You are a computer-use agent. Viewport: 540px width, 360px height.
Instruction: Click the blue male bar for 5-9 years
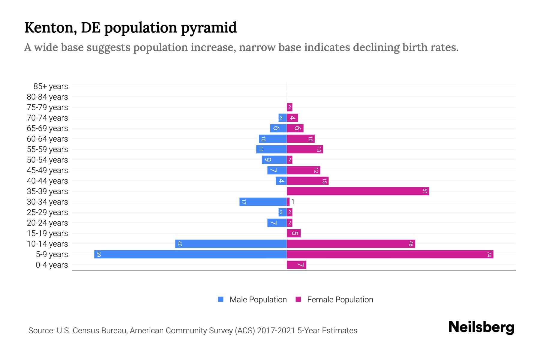click(190, 254)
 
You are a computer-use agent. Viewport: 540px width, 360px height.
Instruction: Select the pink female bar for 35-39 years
click(358, 191)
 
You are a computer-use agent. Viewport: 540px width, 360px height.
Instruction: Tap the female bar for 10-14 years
click(351, 244)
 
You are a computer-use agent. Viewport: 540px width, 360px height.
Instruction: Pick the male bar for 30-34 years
click(263, 202)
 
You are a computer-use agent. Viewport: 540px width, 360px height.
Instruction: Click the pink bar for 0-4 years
click(296, 265)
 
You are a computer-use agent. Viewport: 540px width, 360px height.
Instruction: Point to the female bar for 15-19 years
click(294, 233)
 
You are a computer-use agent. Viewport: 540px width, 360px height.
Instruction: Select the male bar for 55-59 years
click(271, 149)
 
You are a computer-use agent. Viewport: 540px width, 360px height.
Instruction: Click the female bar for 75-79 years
click(289, 107)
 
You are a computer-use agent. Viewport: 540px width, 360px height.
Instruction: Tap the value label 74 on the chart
click(489, 254)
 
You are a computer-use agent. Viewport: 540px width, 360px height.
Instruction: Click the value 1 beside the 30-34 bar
click(292, 202)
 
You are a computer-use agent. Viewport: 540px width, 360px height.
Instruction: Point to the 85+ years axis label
click(50, 86)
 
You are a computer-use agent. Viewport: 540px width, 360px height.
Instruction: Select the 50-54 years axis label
click(47, 160)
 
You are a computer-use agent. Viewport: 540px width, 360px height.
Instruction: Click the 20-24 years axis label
click(47, 223)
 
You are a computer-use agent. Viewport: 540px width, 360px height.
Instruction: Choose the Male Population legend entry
click(258, 299)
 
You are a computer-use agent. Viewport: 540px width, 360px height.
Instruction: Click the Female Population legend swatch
click(298, 299)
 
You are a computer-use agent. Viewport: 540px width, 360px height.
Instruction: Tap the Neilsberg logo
click(481, 327)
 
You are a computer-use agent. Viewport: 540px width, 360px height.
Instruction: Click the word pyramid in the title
click(209, 28)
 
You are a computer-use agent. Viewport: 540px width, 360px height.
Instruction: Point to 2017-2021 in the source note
click(276, 331)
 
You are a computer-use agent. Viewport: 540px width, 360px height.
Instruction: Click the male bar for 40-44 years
click(281, 181)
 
